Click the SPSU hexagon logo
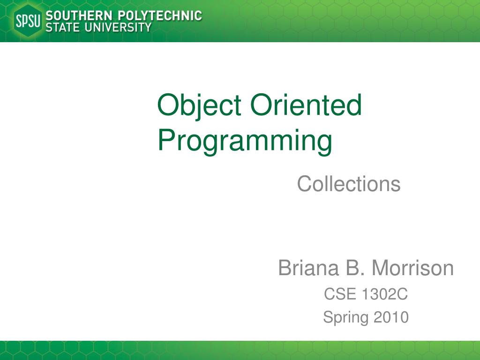coord(29,21)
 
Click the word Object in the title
coord(200,105)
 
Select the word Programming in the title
coord(245,141)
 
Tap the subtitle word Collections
coord(349,184)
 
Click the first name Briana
coord(308,269)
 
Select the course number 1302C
coord(384,295)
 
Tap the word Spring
coord(345,318)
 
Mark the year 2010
coord(391,317)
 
